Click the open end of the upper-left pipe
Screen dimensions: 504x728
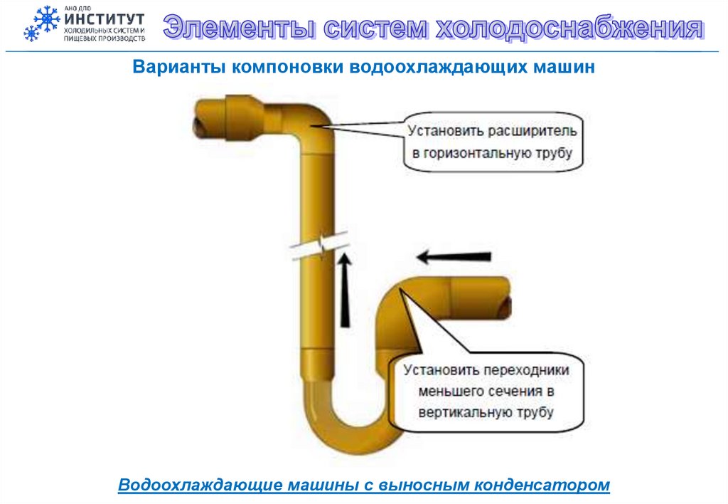200,126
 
